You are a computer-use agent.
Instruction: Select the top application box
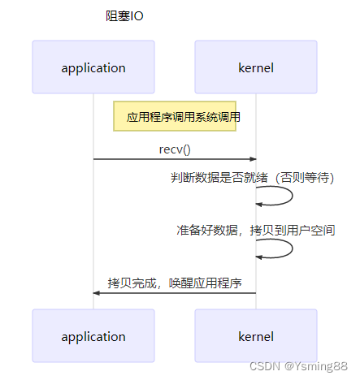93,67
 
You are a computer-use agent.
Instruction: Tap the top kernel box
256,67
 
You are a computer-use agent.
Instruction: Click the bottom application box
93,336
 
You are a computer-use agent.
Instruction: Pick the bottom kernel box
256,336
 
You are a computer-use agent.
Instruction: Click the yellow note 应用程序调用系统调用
176,117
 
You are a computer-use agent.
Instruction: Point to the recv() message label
175,149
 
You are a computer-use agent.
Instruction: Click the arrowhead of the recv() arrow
253,159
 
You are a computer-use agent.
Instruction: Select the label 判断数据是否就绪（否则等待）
253,176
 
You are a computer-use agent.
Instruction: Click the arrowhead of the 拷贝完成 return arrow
97,292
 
